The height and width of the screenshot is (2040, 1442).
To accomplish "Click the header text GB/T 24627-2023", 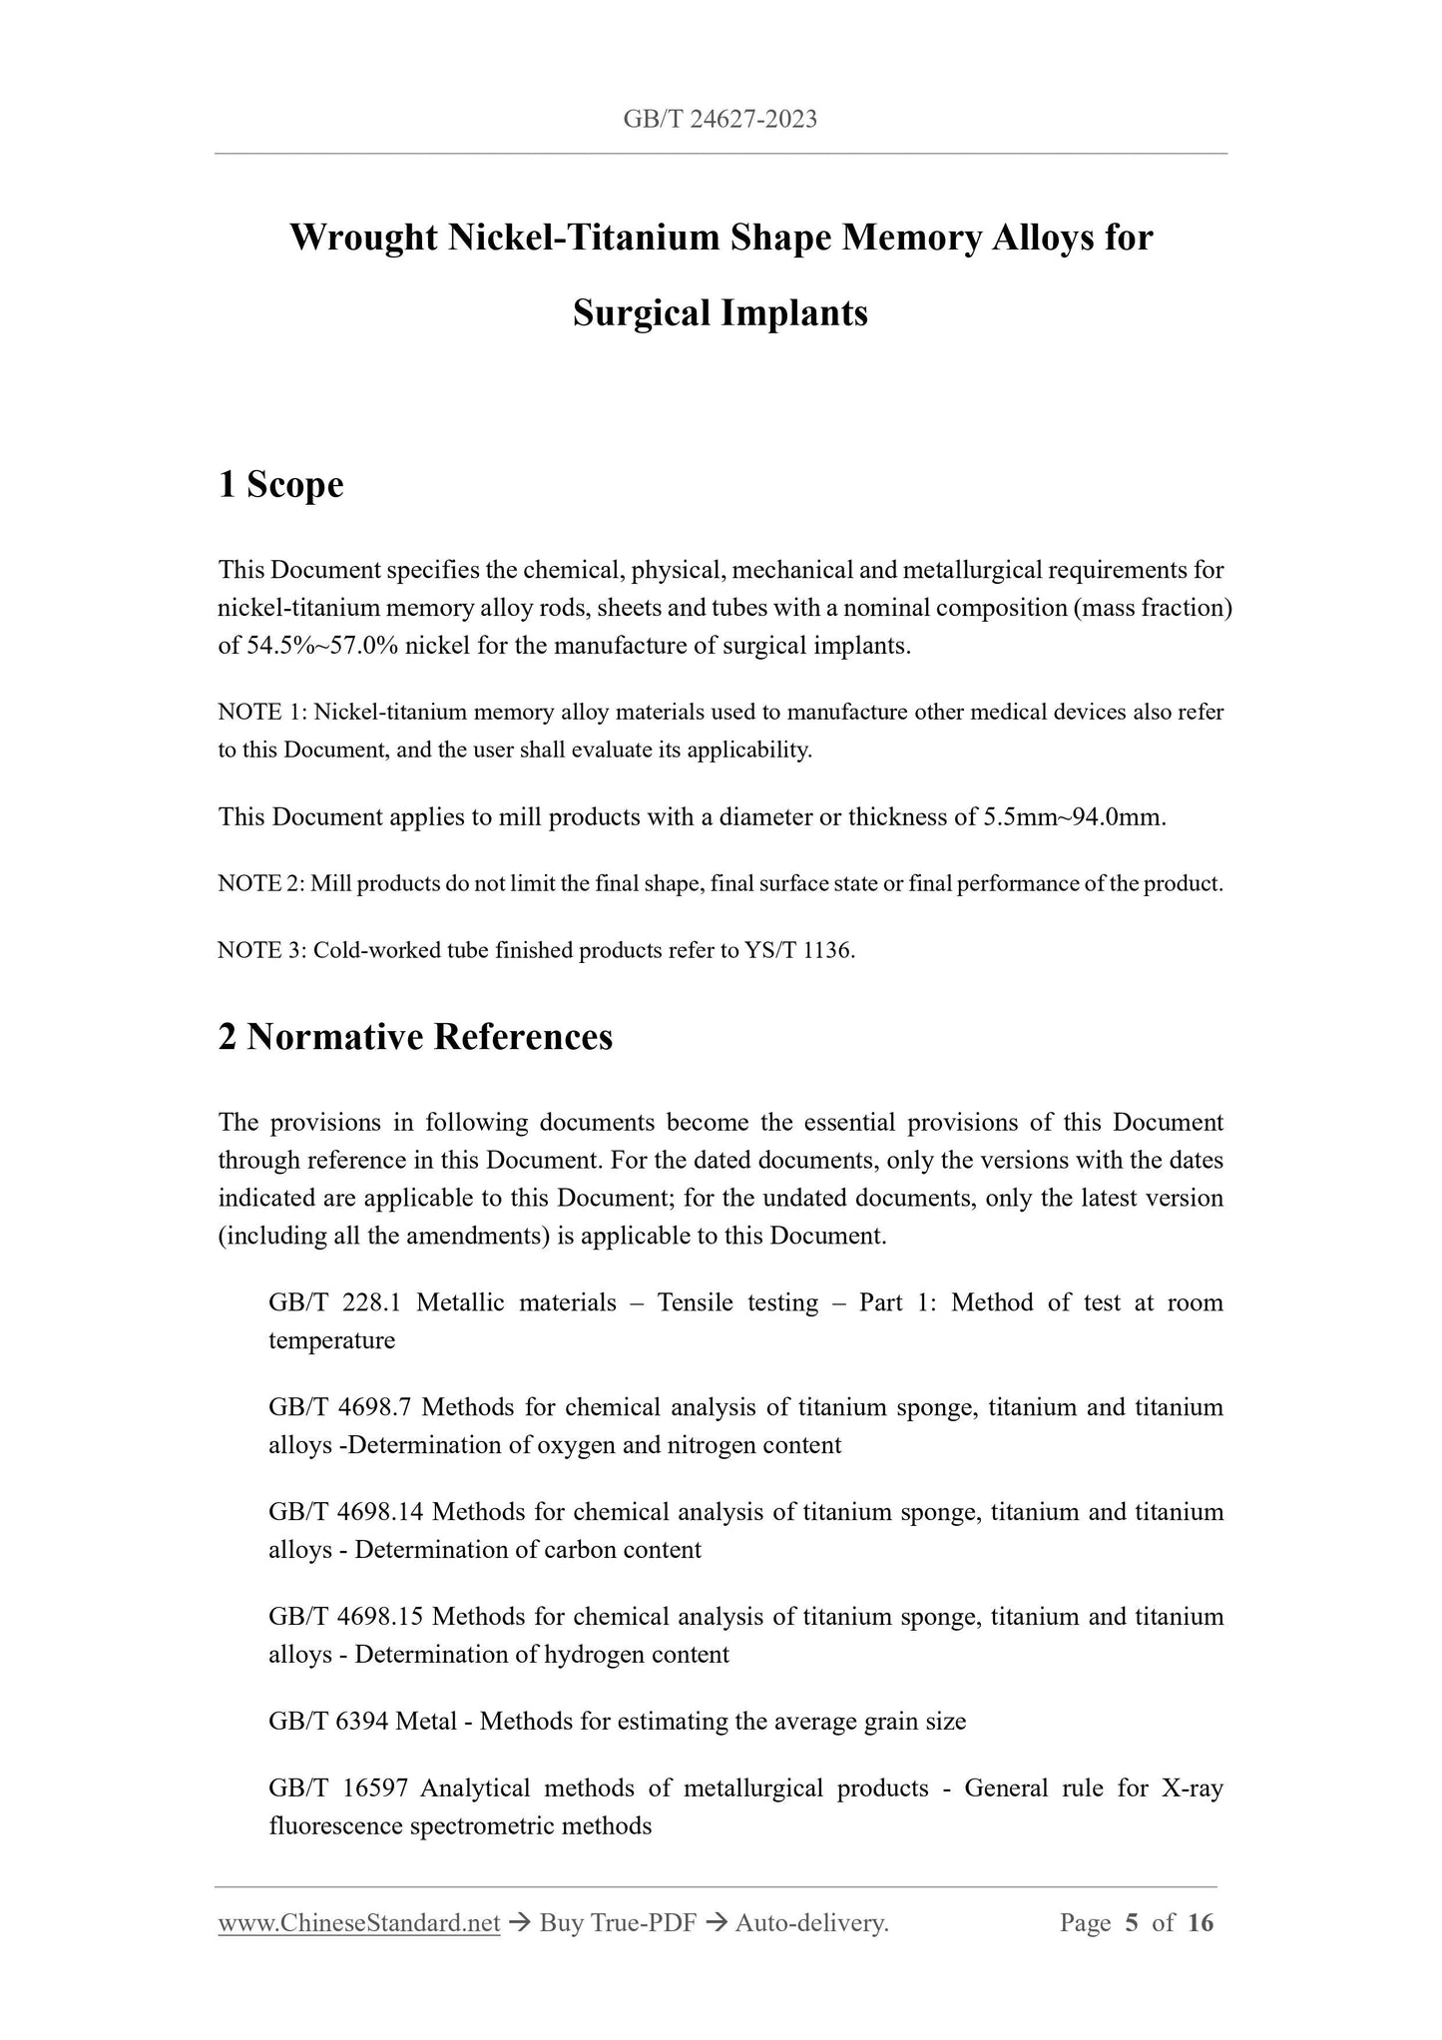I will pos(720,120).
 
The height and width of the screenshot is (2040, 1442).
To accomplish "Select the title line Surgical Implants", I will pos(721,313).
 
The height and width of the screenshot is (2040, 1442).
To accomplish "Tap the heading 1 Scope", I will pos(280,485).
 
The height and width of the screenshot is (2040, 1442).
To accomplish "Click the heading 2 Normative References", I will pos(415,1037).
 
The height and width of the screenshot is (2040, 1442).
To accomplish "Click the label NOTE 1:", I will pos(261,713).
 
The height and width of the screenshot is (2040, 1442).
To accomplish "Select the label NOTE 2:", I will pos(260,884).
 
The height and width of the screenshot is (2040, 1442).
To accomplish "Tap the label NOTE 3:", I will pos(261,951).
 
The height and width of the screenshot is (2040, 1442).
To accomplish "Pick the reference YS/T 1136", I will pos(799,951).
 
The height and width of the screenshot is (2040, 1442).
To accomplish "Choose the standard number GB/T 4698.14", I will pos(345,1512).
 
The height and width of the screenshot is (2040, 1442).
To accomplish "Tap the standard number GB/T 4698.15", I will pos(345,1617).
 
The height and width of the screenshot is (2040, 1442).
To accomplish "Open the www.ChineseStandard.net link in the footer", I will pos(358,1923).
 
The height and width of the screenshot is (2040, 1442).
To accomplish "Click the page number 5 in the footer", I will pos(1131,1923).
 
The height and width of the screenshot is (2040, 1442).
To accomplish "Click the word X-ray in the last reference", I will pos(1192,1788).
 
